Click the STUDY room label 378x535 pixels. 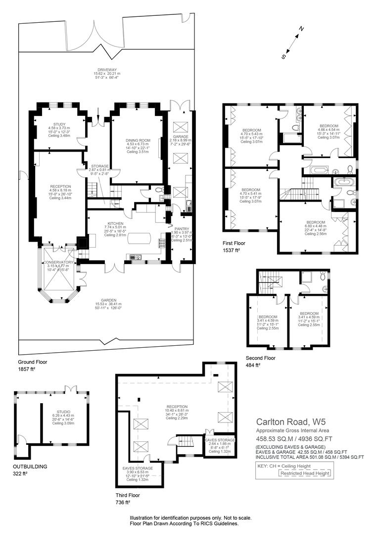59,124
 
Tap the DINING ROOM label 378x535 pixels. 138,140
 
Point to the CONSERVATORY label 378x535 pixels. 58,262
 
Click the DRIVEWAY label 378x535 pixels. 107,70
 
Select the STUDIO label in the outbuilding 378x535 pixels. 63,412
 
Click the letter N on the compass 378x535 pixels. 301,28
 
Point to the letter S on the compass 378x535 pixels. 283,57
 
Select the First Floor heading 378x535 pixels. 234,243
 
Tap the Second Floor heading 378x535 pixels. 260,358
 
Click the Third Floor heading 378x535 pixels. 128,495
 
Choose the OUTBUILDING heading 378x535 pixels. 30,467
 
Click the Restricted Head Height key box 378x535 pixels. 305,473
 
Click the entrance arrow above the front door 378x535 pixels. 98,112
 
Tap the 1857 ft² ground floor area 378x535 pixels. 27,369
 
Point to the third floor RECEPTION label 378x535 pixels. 177,406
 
